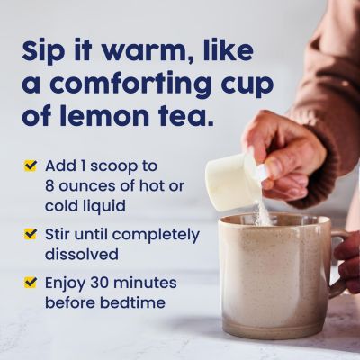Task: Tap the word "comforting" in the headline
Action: (144, 84)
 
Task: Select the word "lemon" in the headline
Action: (110, 116)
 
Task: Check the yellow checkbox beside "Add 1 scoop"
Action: (31, 166)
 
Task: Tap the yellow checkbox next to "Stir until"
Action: (31, 234)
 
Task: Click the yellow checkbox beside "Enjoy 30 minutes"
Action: (31, 283)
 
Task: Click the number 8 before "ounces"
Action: (49, 186)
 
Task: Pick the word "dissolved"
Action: (81, 255)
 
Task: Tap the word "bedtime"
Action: (132, 302)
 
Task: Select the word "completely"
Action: (156, 236)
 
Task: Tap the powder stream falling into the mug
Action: (264, 213)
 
